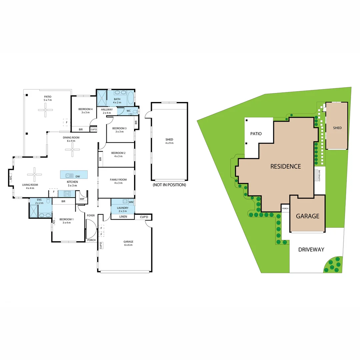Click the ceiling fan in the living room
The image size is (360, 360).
click(x=34, y=174)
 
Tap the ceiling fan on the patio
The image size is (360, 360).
click(x=45, y=110)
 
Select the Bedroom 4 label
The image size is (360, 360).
click(x=85, y=109)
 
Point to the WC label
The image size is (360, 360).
click(x=128, y=111)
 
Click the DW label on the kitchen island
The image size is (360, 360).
click(x=77, y=176)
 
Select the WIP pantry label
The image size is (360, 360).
click(x=82, y=199)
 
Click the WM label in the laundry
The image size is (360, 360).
click(x=131, y=202)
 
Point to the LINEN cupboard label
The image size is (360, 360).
click(x=123, y=217)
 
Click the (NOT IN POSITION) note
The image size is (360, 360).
click(x=169, y=185)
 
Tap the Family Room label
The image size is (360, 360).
click(x=118, y=180)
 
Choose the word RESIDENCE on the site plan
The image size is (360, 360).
click(x=285, y=166)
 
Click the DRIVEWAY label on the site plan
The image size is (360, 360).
click(x=311, y=249)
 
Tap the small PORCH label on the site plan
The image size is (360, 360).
click(x=285, y=209)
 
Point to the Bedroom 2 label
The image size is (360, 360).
click(x=118, y=153)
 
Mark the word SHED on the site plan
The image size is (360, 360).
click(x=337, y=128)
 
